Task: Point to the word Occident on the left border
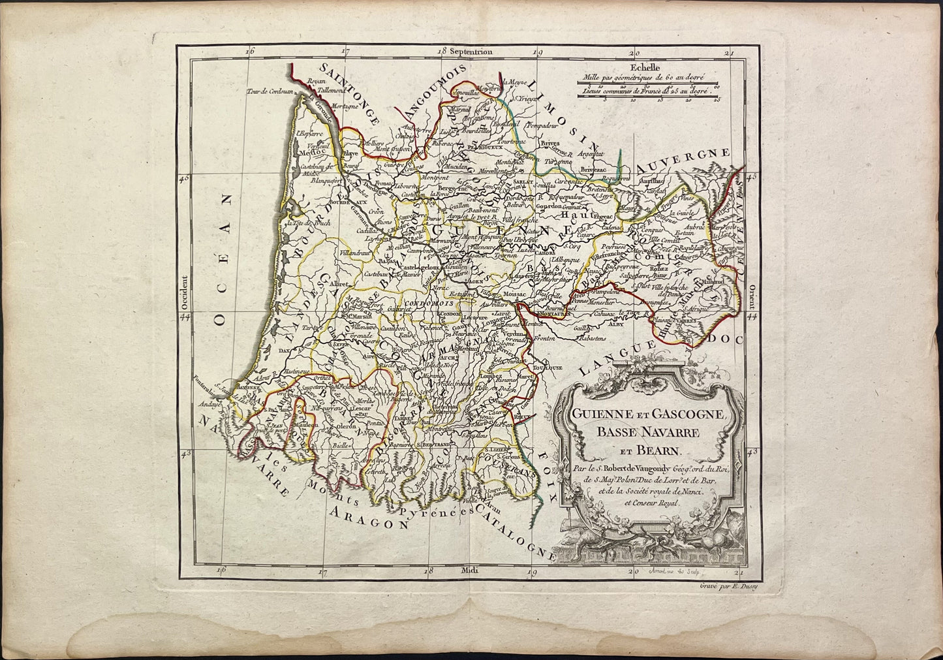(184, 292)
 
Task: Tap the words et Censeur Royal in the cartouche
(651, 503)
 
